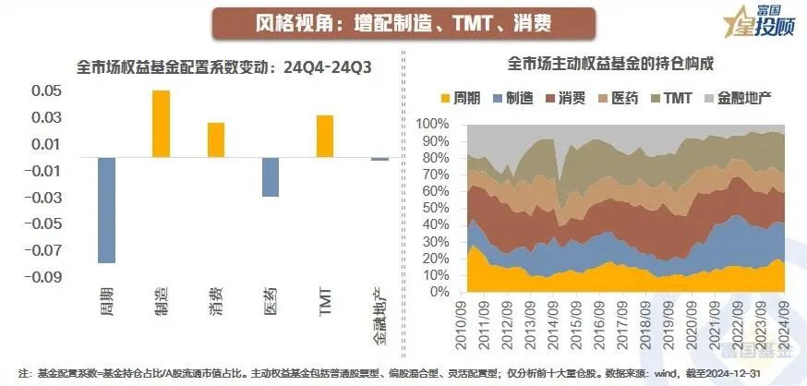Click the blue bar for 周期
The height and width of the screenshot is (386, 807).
click(x=107, y=210)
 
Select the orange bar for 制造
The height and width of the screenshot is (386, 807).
click(x=162, y=124)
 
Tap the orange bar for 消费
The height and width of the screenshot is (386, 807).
click(x=216, y=139)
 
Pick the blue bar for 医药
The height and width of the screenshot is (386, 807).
click(x=270, y=176)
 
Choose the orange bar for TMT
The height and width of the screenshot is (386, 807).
click(x=324, y=136)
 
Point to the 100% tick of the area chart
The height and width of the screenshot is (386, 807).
click(x=435, y=123)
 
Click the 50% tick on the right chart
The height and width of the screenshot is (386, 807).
click(x=438, y=199)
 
